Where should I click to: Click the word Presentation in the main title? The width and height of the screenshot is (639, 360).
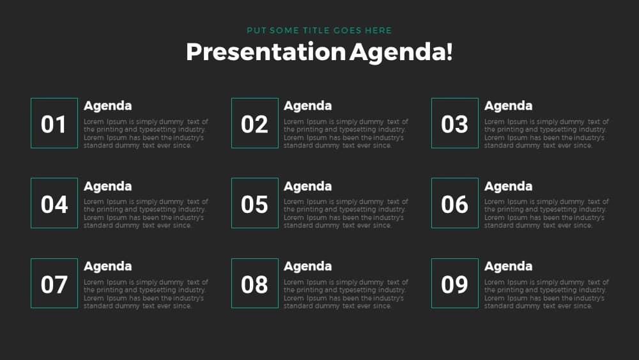266,52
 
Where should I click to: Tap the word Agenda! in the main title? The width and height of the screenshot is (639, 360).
401,52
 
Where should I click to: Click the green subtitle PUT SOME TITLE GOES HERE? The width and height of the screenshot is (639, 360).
319,31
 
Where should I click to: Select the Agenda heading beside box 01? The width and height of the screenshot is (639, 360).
107,106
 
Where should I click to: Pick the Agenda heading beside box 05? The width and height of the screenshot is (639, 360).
308,187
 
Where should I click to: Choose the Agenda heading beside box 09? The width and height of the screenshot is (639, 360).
508,267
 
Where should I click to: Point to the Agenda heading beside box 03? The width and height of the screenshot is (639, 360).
508,106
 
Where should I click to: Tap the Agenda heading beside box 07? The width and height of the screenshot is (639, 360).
107,267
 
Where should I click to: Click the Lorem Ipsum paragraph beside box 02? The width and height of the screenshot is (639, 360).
346,134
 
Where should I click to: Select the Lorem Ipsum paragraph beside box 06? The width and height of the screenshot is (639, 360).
546,214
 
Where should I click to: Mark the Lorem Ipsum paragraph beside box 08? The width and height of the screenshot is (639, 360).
346,294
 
